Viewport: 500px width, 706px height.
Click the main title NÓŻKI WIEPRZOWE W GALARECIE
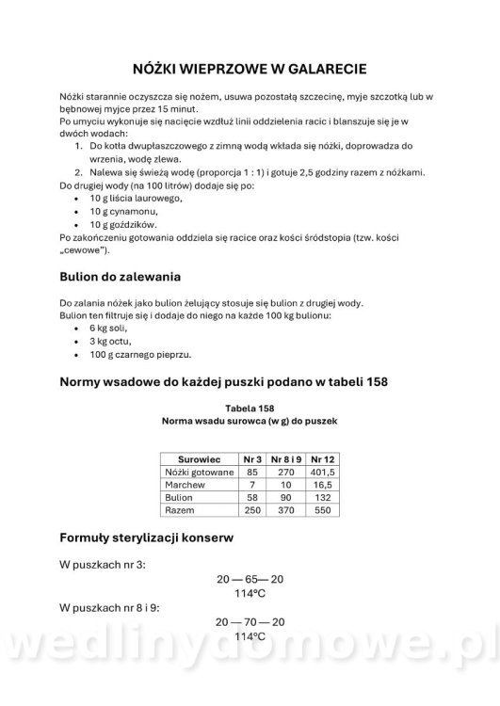pyautogui.click(x=250, y=69)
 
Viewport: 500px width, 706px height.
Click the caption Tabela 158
pyautogui.click(x=250, y=408)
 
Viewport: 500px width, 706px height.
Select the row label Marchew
pyautogui.click(x=184, y=483)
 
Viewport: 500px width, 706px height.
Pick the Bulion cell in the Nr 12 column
pyautogui.click(x=322, y=496)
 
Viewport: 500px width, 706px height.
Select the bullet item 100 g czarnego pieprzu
pyautogui.click(x=140, y=354)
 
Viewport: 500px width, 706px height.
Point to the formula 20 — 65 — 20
pyautogui.click(x=250, y=581)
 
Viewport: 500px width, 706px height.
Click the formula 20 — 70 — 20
pyautogui.click(x=250, y=622)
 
